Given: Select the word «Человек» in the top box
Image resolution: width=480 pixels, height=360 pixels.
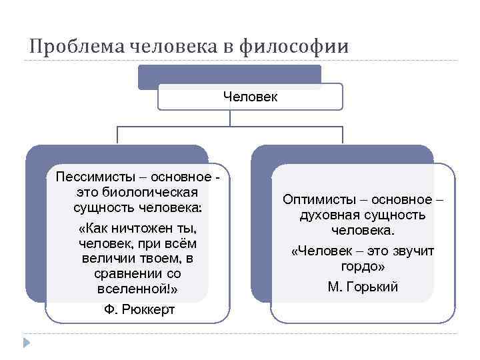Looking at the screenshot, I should pyautogui.click(x=250, y=97).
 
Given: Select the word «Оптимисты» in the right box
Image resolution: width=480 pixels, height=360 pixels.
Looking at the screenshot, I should pyautogui.click(x=315, y=199).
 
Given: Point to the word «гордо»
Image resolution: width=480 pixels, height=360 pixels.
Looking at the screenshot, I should pyautogui.click(x=361, y=266).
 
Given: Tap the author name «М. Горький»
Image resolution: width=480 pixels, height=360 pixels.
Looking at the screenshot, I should pyautogui.click(x=363, y=287).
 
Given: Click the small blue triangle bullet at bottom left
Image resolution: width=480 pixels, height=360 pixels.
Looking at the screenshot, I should pyautogui.click(x=26, y=343).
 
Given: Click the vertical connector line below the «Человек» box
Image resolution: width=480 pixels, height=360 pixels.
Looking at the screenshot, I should pyautogui.click(x=230, y=118).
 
